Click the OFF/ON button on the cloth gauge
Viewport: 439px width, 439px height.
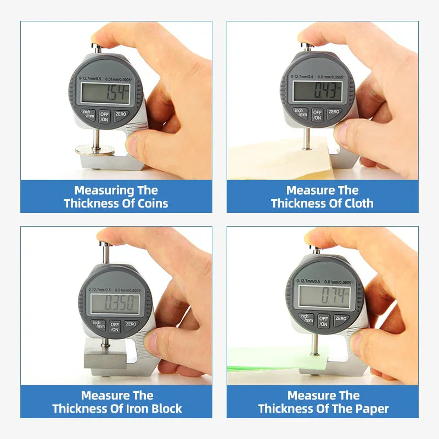317,115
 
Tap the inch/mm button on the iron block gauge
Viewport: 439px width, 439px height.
98,325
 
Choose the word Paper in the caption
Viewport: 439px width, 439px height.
371,409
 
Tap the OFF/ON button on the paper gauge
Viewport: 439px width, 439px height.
324,321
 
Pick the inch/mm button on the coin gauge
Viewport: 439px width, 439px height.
88,114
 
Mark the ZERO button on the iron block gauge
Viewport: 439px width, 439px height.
131,324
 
